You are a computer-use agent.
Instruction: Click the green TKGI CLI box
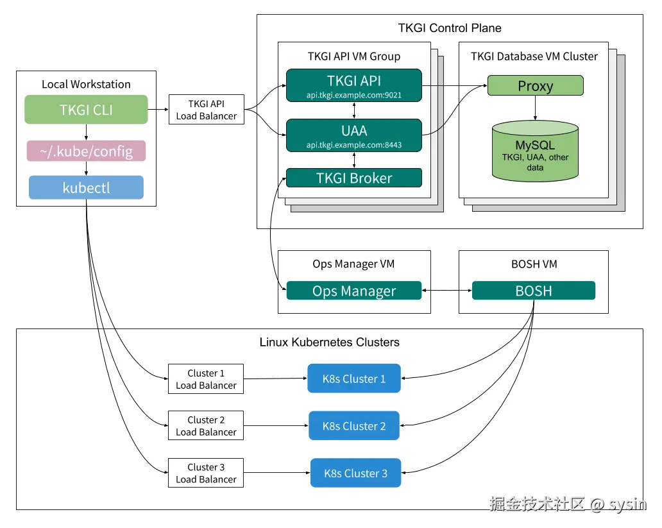(86, 110)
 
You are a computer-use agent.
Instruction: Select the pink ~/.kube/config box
(86, 151)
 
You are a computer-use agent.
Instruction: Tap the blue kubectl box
(86, 188)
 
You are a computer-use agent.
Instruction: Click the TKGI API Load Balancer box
(206, 110)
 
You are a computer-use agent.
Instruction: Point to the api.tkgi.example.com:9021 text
(353, 95)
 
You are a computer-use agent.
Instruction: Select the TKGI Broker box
(353, 178)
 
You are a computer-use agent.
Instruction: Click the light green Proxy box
(535, 86)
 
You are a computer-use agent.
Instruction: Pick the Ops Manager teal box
(353, 291)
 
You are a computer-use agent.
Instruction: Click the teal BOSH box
(533, 291)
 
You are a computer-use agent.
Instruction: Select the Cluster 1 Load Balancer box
(206, 379)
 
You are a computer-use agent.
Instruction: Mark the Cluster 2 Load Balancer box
(206, 426)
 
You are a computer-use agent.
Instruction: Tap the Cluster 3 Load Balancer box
(206, 473)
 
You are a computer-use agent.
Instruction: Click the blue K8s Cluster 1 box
(354, 379)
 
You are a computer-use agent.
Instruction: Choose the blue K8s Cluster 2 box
(354, 426)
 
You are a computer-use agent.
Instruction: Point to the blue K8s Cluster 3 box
(355, 473)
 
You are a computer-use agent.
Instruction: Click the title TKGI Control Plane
(450, 28)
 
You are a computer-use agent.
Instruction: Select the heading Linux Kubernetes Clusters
(329, 342)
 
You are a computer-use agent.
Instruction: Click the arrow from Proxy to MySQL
(535, 108)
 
